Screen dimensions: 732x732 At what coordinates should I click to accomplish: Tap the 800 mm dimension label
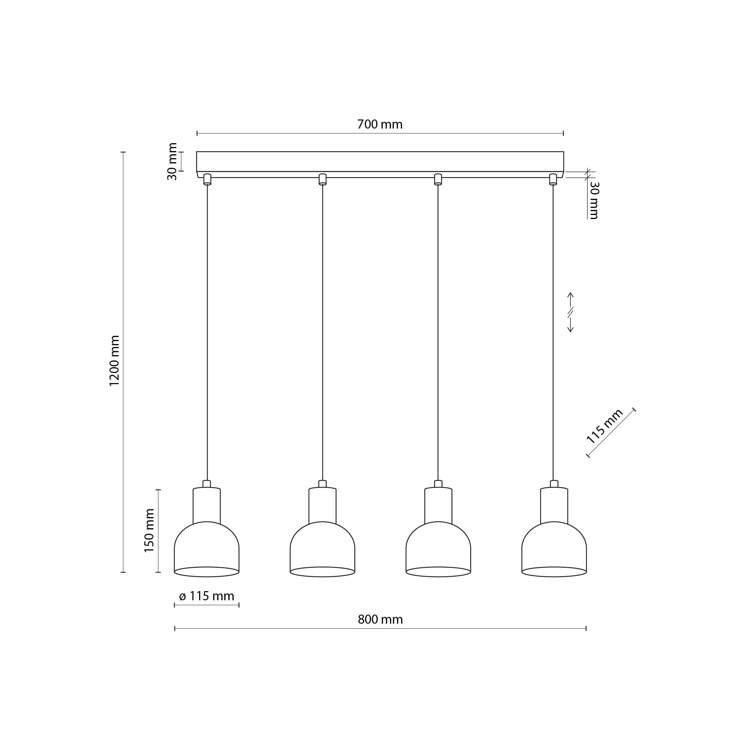tap(380, 620)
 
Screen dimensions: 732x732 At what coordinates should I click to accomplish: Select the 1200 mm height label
tap(114, 361)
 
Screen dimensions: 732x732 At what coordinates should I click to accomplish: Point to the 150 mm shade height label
tap(149, 531)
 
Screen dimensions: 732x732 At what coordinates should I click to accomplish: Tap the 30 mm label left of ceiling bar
tap(172, 161)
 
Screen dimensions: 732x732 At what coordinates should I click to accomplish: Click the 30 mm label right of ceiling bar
tap(594, 200)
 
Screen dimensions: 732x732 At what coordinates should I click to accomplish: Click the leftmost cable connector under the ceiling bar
tap(207, 179)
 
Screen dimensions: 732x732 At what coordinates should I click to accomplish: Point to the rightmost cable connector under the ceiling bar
tap(553, 179)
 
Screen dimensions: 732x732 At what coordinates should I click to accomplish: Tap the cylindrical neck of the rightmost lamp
tap(554, 505)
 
